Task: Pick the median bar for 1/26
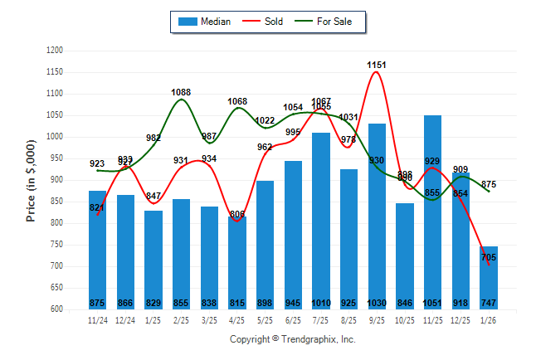click(489, 278)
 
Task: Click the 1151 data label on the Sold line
click(377, 65)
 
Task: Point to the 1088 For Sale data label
click(182, 92)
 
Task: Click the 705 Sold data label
click(490, 257)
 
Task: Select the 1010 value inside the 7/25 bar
click(321, 303)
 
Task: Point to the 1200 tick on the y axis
click(56, 51)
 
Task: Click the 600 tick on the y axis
click(56, 309)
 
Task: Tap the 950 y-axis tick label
click(56, 158)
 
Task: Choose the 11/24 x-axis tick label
click(97, 319)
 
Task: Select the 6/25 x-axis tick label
click(293, 319)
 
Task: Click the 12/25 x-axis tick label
click(460, 319)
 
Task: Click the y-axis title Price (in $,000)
click(31, 181)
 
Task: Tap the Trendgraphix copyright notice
click(292, 339)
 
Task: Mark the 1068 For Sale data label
click(237, 102)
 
